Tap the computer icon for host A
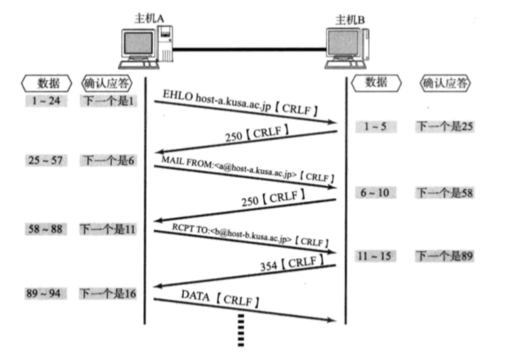pyautogui.click(x=145, y=48)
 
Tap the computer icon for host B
pyautogui.click(x=346, y=48)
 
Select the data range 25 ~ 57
pyautogui.click(x=44, y=161)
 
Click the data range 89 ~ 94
pyautogui.click(x=44, y=291)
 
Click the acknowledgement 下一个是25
pyautogui.click(x=444, y=127)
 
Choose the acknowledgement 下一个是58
pyautogui.click(x=444, y=192)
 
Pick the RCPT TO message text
pyautogui.click(x=247, y=236)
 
